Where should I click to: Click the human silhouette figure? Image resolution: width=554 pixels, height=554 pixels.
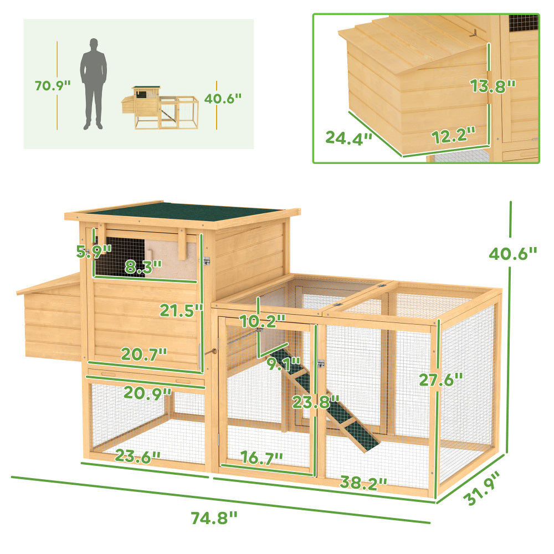click(94, 84)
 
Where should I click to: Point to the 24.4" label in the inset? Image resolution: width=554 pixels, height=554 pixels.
click(348, 137)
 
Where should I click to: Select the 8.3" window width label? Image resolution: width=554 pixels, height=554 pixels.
click(142, 266)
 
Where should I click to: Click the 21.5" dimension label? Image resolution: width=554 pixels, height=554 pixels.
click(181, 311)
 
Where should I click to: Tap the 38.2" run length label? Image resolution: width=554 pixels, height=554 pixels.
click(363, 484)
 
